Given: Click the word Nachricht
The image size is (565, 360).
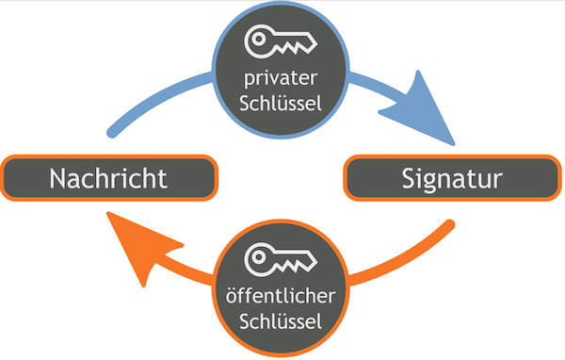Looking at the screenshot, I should click(x=109, y=178).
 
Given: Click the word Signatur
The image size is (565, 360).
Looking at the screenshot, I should click(x=451, y=178).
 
